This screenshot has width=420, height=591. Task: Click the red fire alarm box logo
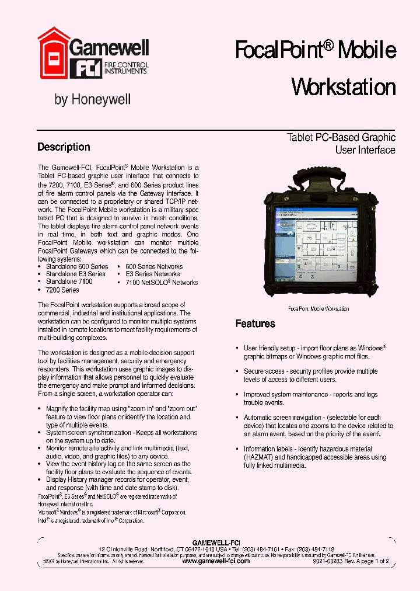click(x=54, y=53)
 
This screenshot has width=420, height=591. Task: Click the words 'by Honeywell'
click(x=92, y=100)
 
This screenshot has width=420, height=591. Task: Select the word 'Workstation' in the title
click(x=343, y=88)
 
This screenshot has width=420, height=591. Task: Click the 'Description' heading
click(x=64, y=147)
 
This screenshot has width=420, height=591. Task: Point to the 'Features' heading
click(x=255, y=324)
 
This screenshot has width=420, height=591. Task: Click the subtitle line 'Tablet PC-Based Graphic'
click(x=341, y=138)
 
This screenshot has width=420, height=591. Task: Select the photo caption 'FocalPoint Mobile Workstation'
click(x=318, y=308)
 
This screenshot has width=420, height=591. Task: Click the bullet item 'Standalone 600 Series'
click(x=77, y=266)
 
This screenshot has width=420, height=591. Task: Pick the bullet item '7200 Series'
click(x=62, y=290)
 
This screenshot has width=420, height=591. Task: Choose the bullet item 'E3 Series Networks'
click(x=153, y=274)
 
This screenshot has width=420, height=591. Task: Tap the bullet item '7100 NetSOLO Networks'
click(x=162, y=282)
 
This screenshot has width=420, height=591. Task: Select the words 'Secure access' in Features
click(x=264, y=371)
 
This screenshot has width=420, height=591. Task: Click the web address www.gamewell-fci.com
click(x=216, y=561)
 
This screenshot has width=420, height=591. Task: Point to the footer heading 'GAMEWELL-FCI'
click(x=216, y=543)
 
